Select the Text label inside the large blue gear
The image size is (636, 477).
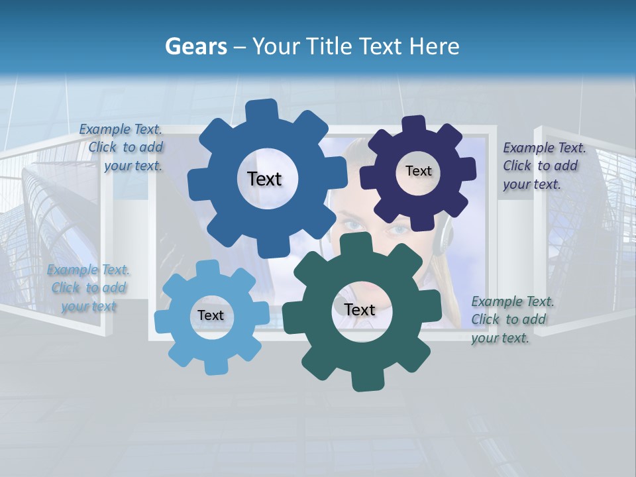click(264, 179)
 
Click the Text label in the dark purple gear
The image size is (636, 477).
click(418, 171)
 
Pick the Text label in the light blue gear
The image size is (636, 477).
click(210, 315)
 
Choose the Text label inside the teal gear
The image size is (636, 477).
click(360, 309)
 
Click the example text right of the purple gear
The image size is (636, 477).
click(543, 166)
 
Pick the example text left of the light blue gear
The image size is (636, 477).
click(88, 288)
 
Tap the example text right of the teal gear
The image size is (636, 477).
click(511, 319)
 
